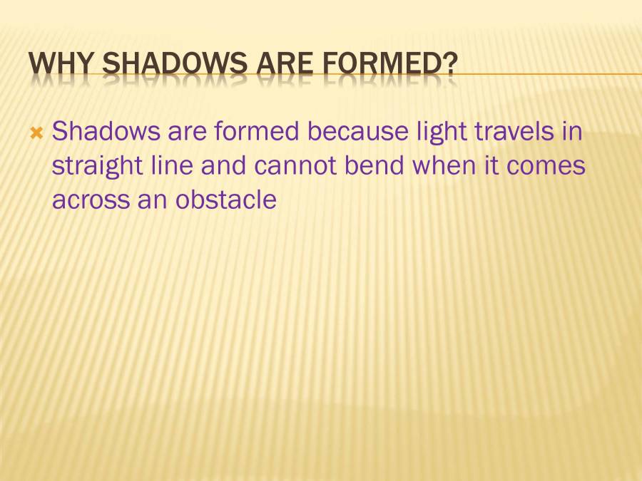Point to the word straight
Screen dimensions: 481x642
pyautogui.click(x=96, y=166)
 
